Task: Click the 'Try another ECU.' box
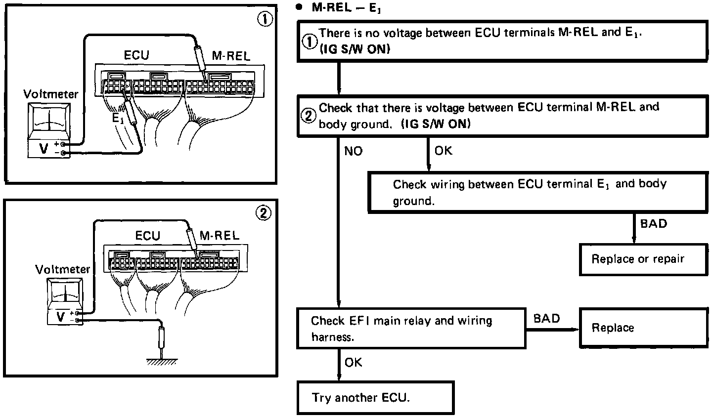375,398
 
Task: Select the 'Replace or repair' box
644,259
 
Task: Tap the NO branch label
353,151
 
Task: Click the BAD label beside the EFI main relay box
546,318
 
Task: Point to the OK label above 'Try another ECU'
353,363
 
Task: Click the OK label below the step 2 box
443,151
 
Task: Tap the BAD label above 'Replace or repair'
654,224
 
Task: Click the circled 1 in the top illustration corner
265,19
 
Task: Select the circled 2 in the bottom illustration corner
264,213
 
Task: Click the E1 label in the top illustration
118,119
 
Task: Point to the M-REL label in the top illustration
231,56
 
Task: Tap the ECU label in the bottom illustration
147,236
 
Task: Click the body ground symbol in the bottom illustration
162,362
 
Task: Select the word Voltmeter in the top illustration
51,94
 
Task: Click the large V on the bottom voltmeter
60,317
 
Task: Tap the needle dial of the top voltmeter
49,119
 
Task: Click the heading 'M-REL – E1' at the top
346,7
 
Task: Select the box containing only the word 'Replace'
644,328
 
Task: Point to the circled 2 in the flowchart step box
309,116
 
